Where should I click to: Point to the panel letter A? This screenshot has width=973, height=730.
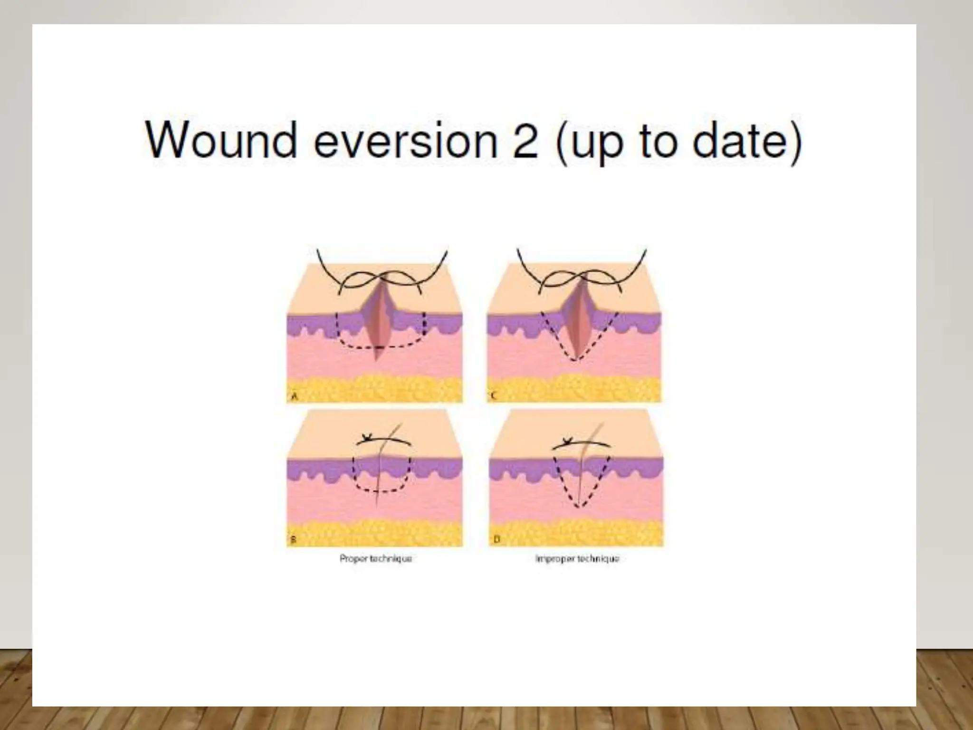294,396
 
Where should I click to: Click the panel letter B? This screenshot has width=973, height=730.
293,540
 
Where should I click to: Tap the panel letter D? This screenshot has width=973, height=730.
497,540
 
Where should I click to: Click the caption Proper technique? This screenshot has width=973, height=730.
375,559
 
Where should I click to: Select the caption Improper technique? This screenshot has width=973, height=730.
577,559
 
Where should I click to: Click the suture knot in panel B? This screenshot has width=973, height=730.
367,438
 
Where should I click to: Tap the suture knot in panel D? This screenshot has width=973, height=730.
566,442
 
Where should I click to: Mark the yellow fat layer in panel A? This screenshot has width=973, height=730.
375,387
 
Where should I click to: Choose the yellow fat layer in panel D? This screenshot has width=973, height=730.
576,532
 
